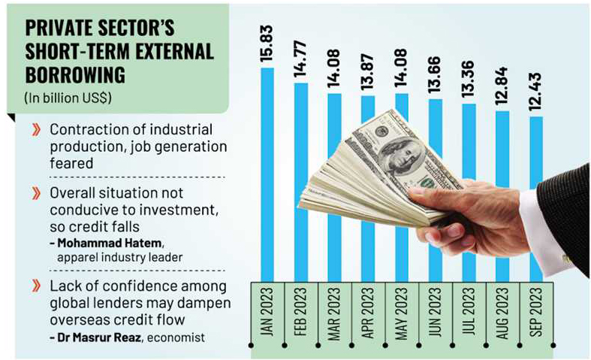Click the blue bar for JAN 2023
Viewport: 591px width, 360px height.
pyautogui.click(x=267, y=173)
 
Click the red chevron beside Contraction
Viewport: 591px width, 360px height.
pyautogui.click(x=35, y=129)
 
